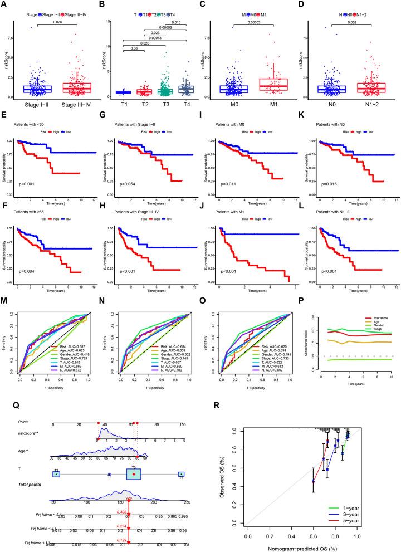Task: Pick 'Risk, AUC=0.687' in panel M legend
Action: click(x=70, y=330)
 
